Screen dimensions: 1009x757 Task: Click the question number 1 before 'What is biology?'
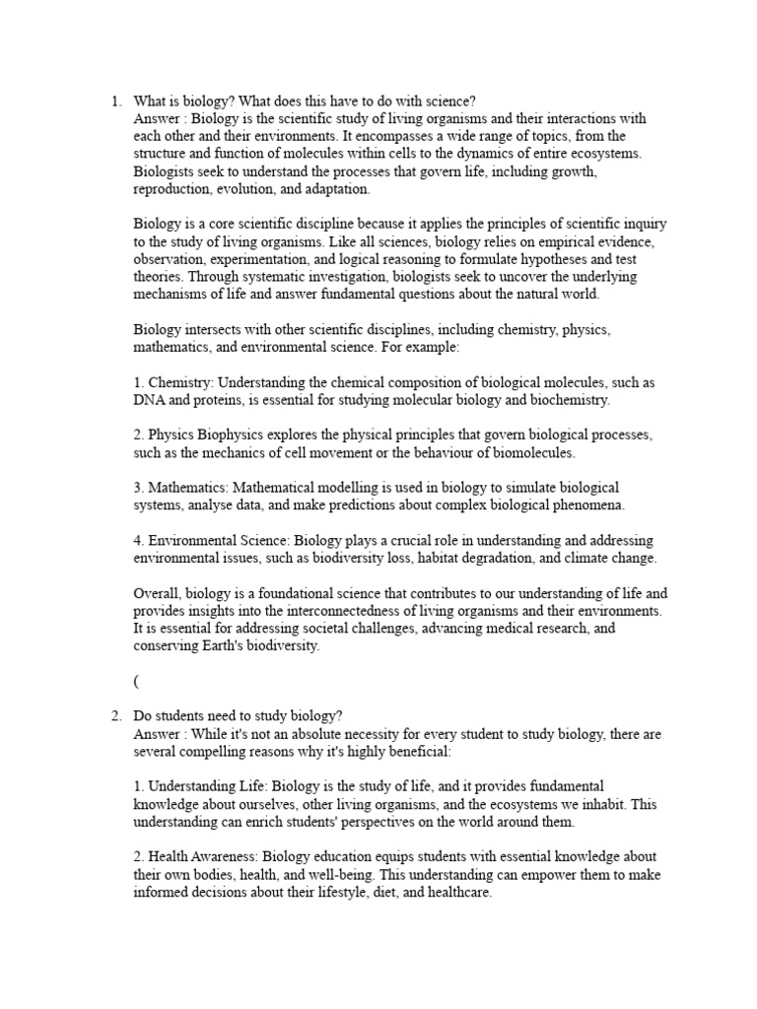114,101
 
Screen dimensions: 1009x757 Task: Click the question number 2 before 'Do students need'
114,715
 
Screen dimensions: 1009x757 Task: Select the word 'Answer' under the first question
156,118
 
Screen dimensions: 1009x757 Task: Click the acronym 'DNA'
150,400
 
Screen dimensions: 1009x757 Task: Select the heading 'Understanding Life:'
208,786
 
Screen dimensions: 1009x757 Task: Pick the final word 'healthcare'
456,892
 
